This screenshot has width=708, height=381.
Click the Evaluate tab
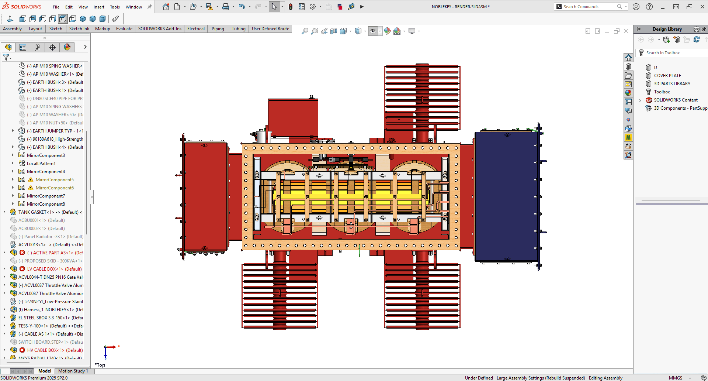tap(124, 29)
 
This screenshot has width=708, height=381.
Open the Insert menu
tap(99, 7)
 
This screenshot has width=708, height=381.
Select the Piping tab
tap(218, 29)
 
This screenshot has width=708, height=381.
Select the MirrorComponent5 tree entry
tap(55, 180)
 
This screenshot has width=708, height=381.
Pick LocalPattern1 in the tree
tap(41, 164)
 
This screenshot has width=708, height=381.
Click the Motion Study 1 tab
tap(73, 371)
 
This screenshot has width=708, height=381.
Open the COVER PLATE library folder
tap(667, 76)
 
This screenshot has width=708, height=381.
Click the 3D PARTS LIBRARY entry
tap(672, 84)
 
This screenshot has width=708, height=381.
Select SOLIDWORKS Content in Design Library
tap(676, 100)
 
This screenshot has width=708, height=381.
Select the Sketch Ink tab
tap(79, 29)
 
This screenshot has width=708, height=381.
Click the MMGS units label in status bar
tap(675, 378)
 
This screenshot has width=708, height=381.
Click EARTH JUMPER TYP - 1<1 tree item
tap(58, 131)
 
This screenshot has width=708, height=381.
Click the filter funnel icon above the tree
tap(6, 57)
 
